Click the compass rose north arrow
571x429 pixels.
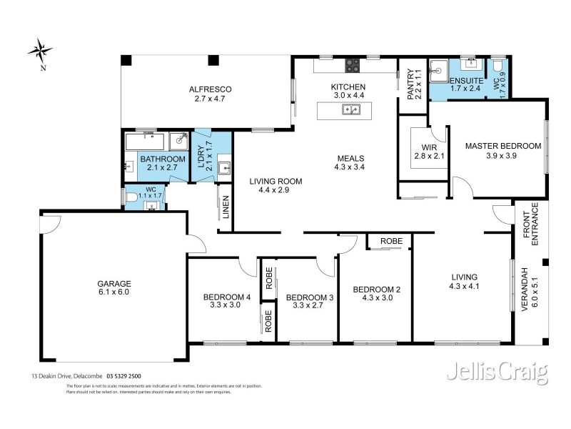click(x=40, y=51)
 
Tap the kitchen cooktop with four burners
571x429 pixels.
click(x=353, y=66)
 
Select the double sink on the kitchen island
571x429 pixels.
click(x=351, y=109)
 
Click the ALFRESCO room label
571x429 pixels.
click(x=210, y=89)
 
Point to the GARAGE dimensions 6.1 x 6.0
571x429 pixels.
click(x=114, y=292)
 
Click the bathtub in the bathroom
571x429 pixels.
click(x=145, y=142)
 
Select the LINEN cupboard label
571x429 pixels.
click(x=226, y=207)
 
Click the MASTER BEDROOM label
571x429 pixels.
click(x=503, y=147)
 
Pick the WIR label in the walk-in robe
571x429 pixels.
click(x=429, y=148)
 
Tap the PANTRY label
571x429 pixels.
click(x=410, y=84)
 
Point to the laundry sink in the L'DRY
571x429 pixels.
click(x=224, y=169)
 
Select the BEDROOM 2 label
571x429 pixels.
click(x=377, y=290)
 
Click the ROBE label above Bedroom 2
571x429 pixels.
click(x=391, y=241)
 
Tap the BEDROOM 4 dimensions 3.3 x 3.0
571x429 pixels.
click(x=225, y=305)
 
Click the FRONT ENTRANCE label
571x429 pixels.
click(x=530, y=225)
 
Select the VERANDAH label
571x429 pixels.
click(x=525, y=290)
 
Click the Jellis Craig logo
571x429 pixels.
click(x=497, y=373)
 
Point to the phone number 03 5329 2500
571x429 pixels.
click(x=123, y=376)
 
